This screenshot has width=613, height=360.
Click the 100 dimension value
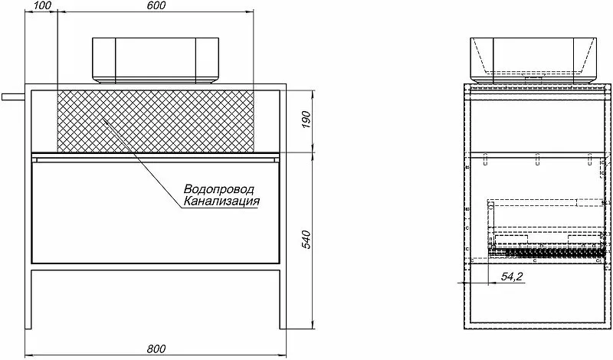pyautogui.click(x=43, y=5)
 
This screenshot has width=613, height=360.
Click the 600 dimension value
pyautogui.click(x=156, y=5)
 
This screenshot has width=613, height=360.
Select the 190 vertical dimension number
pyautogui.click(x=306, y=121)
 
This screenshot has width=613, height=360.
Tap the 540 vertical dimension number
pyautogui.click(x=306, y=240)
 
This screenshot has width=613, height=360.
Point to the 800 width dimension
pyautogui.click(x=156, y=349)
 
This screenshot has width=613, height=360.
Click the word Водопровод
pyautogui.click(x=219, y=189)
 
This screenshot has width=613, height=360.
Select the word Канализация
pyautogui.click(x=221, y=201)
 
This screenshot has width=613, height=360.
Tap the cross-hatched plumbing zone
pyautogui.click(x=156, y=121)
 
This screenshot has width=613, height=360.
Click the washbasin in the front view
pyautogui.click(x=156, y=61)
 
